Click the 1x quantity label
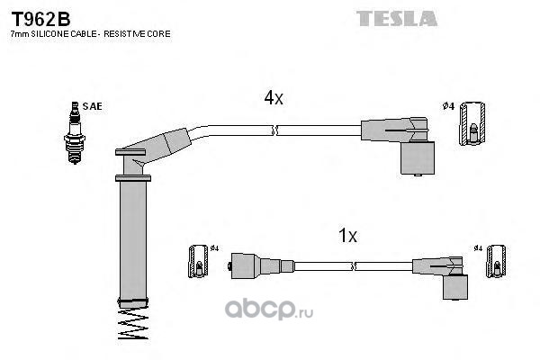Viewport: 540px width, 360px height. point(347,237)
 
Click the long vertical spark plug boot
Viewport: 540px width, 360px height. point(132,238)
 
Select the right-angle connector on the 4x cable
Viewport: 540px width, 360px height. point(410,144)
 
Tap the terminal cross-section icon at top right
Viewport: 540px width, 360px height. point(472,125)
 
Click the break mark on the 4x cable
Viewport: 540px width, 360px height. point(275,131)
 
